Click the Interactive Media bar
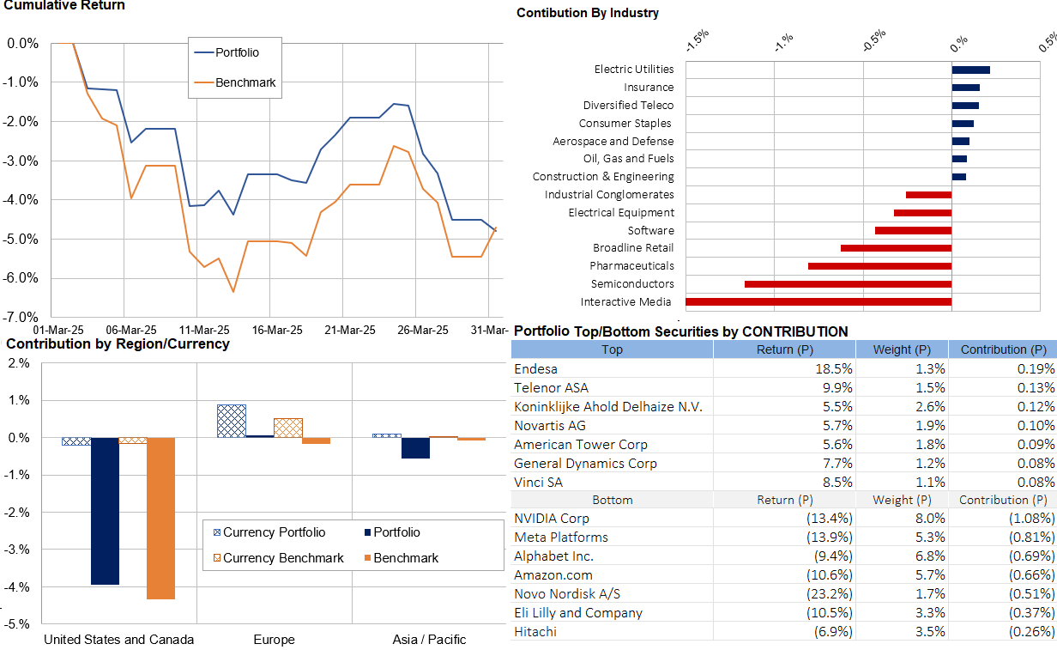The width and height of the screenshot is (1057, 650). click(x=818, y=302)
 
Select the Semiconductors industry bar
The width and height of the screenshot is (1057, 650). click(x=848, y=284)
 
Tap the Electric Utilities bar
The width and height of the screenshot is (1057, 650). click(x=970, y=70)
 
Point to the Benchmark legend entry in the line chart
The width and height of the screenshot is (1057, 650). click(x=245, y=83)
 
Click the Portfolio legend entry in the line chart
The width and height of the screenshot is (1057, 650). click(x=237, y=52)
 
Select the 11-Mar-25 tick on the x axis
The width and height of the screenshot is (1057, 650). click(x=203, y=330)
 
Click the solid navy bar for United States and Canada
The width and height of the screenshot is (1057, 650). click(x=105, y=511)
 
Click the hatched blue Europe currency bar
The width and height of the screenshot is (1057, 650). click(x=232, y=421)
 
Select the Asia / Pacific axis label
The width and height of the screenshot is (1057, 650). click(x=430, y=640)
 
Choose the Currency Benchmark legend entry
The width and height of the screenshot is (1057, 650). click(x=283, y=558)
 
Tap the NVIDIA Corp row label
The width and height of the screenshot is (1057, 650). click(x=552, y=519)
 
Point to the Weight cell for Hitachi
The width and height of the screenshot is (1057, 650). click(x=930, y=632)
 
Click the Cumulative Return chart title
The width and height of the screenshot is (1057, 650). click(x=64, y=6)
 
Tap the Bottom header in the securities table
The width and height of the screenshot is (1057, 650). click(x=613, y=500)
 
